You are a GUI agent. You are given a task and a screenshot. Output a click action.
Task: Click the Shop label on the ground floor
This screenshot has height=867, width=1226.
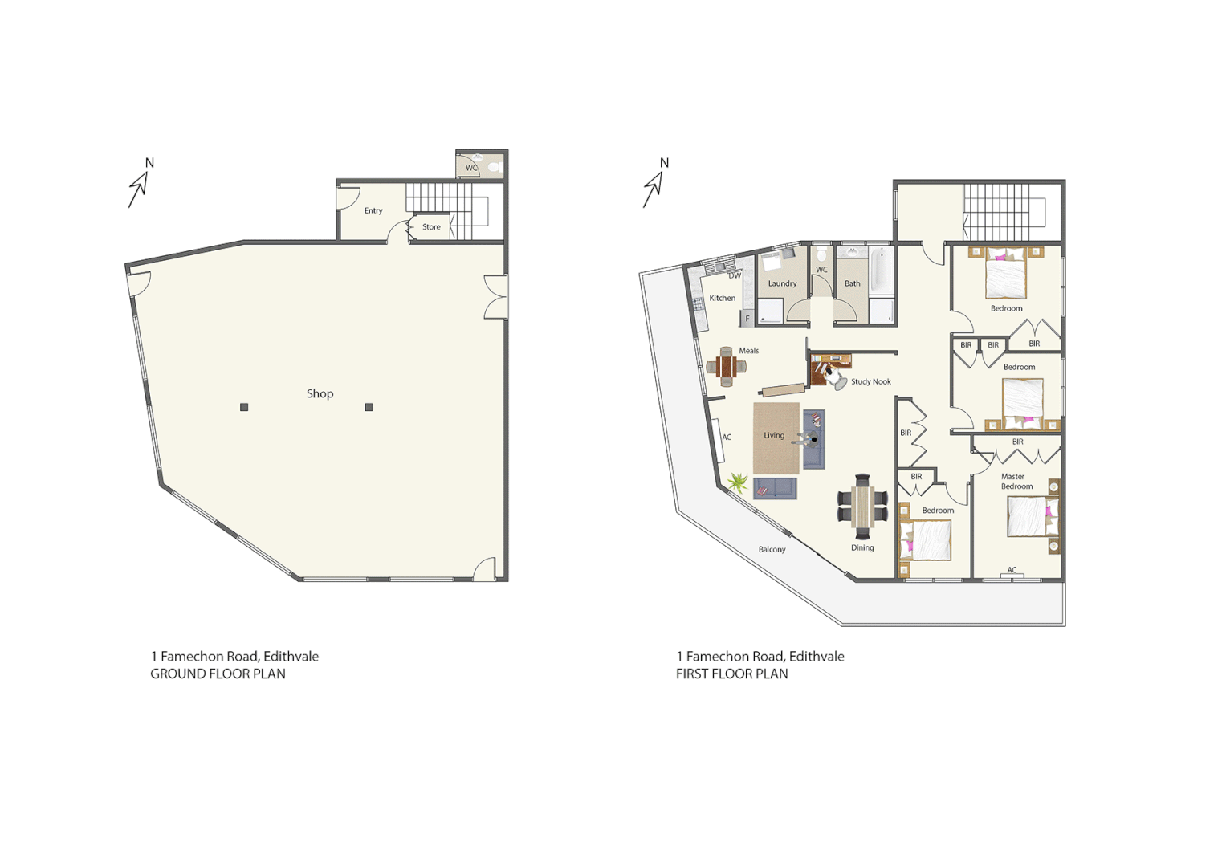click(x=320, y=393)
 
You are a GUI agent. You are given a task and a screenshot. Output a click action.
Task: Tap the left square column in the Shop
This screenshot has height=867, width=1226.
click(x=244, y=407)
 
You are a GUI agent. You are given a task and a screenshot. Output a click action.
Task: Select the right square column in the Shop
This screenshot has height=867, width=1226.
click(x=369, y=407)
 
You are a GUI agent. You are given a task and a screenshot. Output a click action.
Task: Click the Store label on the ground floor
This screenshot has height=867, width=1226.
click(x=431, y=227)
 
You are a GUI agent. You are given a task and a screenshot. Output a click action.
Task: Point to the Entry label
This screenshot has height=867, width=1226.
click(x=373, y=211)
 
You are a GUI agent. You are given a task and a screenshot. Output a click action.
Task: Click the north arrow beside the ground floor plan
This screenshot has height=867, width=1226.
click(x=140, y=185)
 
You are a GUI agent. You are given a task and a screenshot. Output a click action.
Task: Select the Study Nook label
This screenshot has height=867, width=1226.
click(x=870, y=382)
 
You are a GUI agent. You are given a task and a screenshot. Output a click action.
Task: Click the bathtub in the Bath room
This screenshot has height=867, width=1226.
click(x=880, y=271)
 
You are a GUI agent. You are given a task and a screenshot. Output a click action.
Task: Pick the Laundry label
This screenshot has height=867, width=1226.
click(x=782, y=283)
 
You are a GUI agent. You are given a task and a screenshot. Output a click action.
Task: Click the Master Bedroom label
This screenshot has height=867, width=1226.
click(x=1016, y=482)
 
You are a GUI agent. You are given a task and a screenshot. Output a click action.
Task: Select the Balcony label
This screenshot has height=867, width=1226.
click(x=772, y=550)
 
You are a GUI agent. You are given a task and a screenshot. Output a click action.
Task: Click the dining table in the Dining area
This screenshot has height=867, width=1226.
click(x=862, y=507)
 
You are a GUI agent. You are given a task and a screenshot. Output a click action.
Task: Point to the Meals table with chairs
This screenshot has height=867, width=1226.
click(x=727, y=368)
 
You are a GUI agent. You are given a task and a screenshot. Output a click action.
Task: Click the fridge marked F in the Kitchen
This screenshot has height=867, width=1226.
click(x=747, y=319)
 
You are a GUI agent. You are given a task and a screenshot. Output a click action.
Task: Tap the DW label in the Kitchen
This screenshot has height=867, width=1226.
click(x=735, y=275)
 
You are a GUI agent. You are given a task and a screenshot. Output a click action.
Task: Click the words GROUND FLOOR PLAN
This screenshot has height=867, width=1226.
click(x=218, y=674)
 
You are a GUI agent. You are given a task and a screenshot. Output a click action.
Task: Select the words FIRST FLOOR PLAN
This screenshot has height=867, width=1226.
click(x=731, y=674)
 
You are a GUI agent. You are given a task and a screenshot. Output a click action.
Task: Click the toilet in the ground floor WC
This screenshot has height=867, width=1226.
click(x=495, y=167)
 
